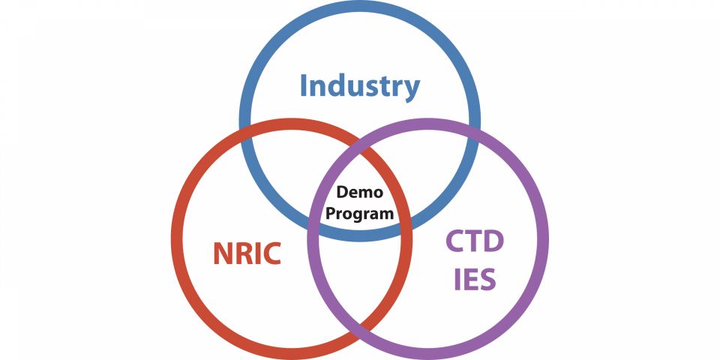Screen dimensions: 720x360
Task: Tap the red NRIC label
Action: tap(247, 253)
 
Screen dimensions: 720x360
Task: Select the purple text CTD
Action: tap(475, 242)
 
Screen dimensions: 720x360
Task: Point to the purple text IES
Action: tap(475, 279)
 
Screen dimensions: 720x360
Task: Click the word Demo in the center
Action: tap(359, 192)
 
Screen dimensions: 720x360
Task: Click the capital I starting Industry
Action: tap(303, 85)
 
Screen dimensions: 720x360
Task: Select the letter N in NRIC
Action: tap(223, 253)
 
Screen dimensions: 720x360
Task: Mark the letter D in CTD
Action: tap(493, 242)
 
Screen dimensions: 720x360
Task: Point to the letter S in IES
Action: tap(487, 279)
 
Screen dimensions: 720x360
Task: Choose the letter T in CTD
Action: tap(474, 242)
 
